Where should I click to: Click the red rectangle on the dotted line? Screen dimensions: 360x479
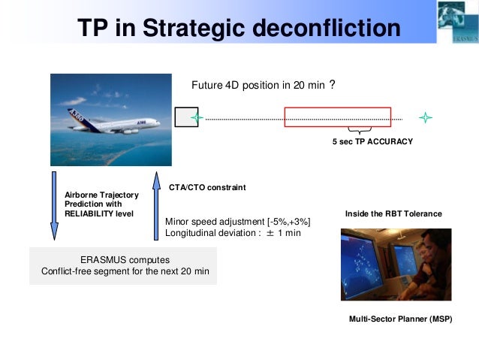(x=337, y=118)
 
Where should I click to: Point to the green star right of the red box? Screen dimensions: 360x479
(x=426, y=118)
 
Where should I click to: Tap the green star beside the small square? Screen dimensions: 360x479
(x=197, y=118)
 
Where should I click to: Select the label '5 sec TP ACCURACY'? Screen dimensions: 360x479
(x=372, y=141)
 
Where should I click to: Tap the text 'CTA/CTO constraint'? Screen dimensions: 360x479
(x=207, y=186)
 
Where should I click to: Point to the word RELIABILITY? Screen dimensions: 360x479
(x=89, y=213)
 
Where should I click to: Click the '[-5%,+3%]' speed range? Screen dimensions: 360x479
(x=284, y=221)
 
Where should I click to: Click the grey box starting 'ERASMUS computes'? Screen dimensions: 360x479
(x=123, y=265)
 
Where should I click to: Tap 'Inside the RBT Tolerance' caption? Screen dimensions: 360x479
(x=393, y=214)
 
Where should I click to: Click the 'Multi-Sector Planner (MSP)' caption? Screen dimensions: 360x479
(x=401, y=319)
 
